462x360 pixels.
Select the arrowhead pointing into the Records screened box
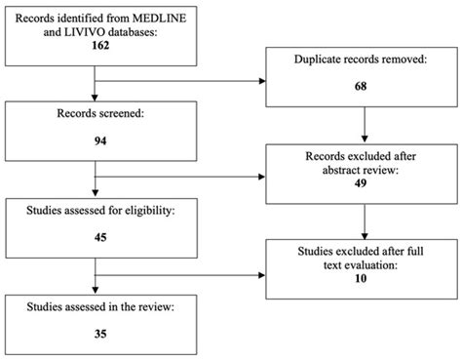[95, 102]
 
